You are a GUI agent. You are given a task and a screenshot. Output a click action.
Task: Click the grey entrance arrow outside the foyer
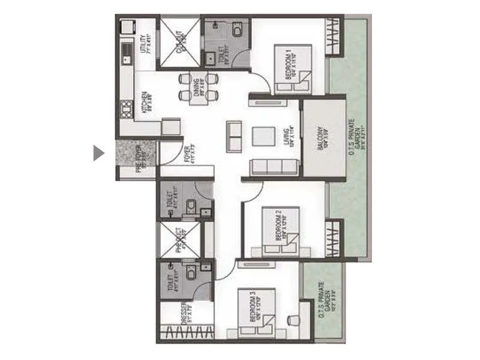(x=99, y=153)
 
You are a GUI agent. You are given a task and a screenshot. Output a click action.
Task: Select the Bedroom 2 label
(x=280, y=226)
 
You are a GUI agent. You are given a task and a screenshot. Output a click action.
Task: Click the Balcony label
(x=322, y=139)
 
